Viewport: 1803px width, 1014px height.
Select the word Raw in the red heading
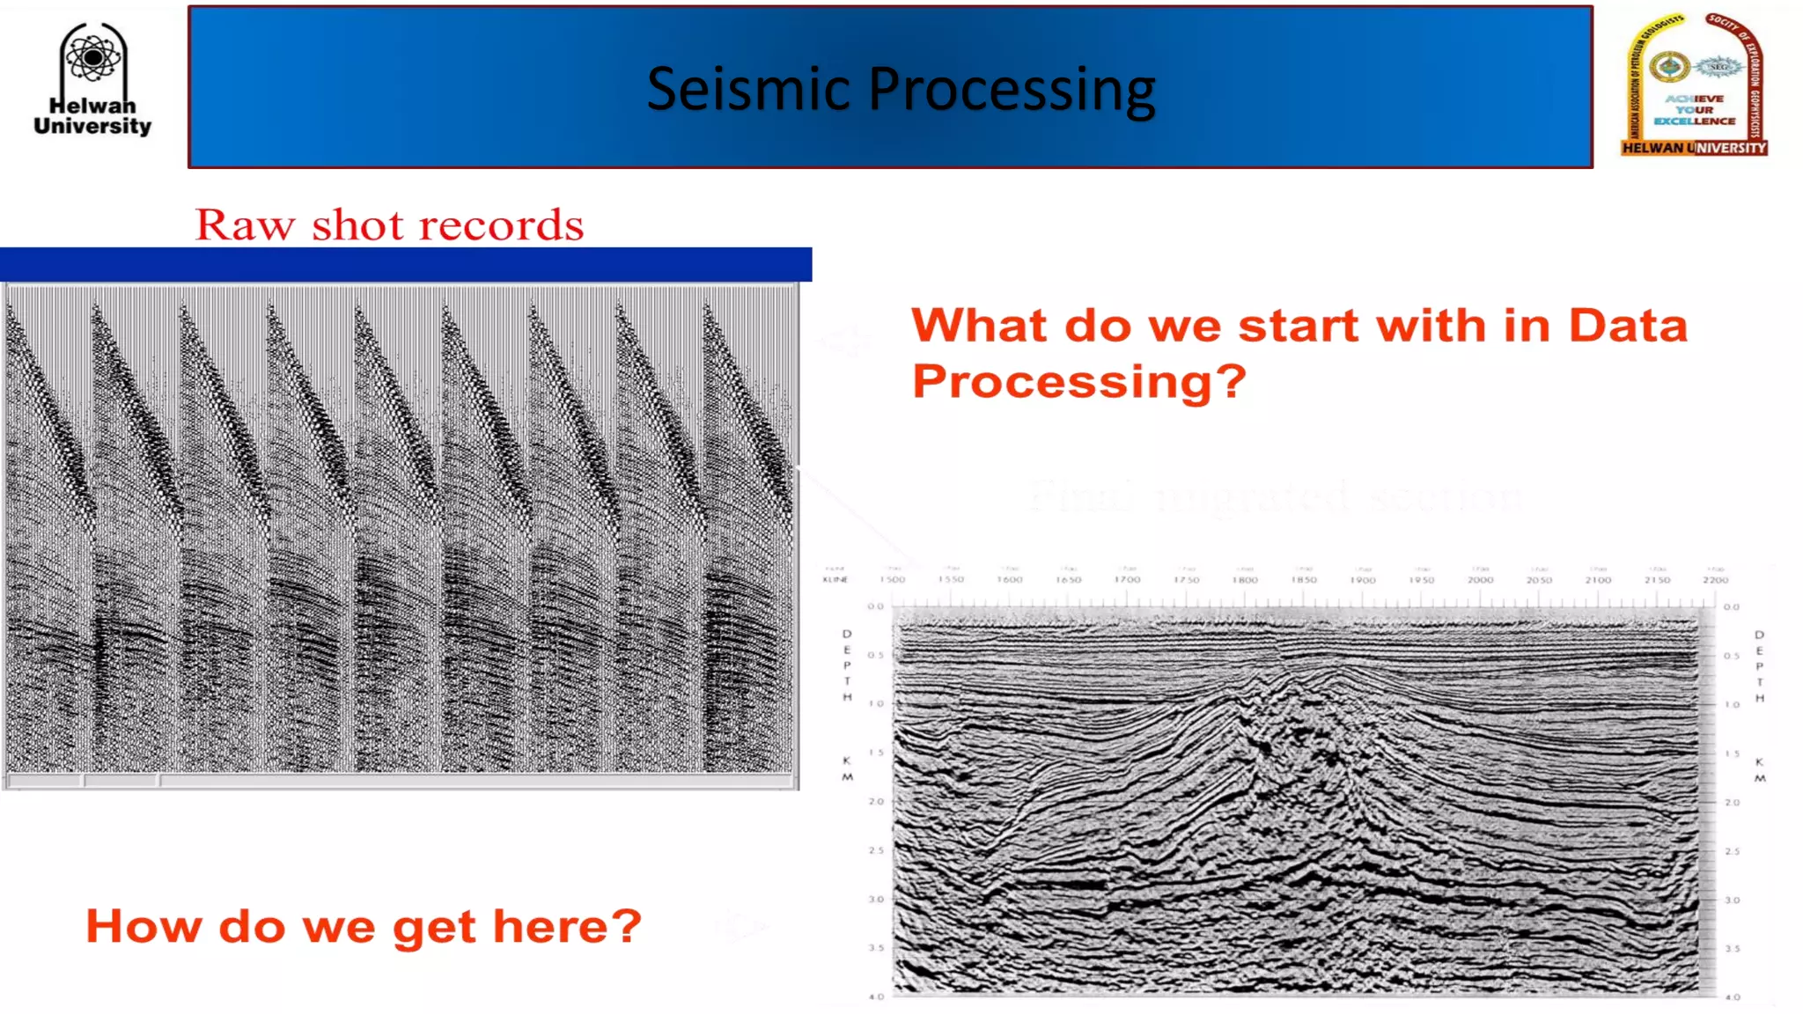pos(245,225)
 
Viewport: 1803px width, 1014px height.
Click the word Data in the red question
pos(1628,326)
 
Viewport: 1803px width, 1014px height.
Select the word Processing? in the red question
pos(1078,382)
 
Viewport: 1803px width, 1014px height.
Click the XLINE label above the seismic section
pos(835,580)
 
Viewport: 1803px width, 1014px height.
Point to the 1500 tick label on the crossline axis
pos(892,580)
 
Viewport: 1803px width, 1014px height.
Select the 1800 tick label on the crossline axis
pos(1245,580)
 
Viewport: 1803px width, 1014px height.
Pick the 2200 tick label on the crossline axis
pos(1715,580)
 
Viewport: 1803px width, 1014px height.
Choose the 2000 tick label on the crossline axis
pos(1480,580)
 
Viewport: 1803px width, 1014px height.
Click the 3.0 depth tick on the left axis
pos(875,900)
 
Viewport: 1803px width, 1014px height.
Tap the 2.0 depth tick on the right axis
pos(1732,803)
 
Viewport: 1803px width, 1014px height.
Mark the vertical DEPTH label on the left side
pos(847,665)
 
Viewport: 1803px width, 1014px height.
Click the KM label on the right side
pos(1759,770)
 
